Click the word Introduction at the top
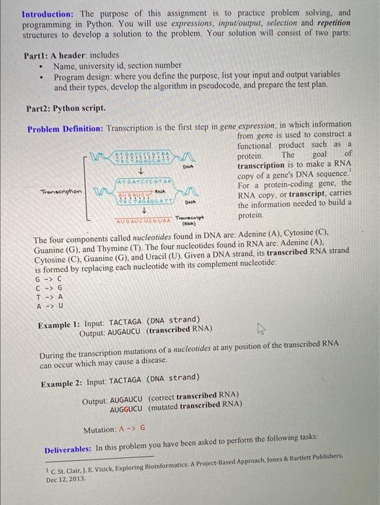tap(47, 14)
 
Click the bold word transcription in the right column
tap(268, 164)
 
